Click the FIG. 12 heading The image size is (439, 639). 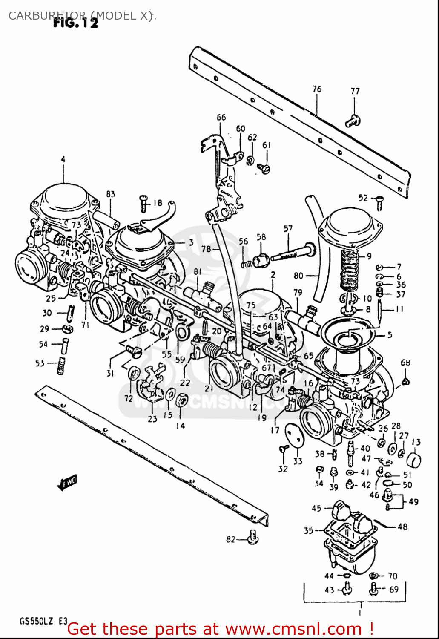[x=75, y=23]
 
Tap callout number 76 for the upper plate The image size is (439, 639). [x=317, y=89]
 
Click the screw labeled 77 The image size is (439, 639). [x=353, y=121]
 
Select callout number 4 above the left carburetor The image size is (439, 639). [x=63, y=159]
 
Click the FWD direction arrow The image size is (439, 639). [x=67, y=483]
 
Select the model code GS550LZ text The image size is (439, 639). [x=36, y=621]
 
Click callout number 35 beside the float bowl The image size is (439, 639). [x=308, y=530]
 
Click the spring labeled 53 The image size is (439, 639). [x=61, y=366]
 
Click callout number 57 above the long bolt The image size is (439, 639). [x=288, y=228]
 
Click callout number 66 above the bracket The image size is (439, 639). [x=221, y=117]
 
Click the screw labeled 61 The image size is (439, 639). [x=264, y=169]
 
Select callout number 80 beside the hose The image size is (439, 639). [x=298, y=276]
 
